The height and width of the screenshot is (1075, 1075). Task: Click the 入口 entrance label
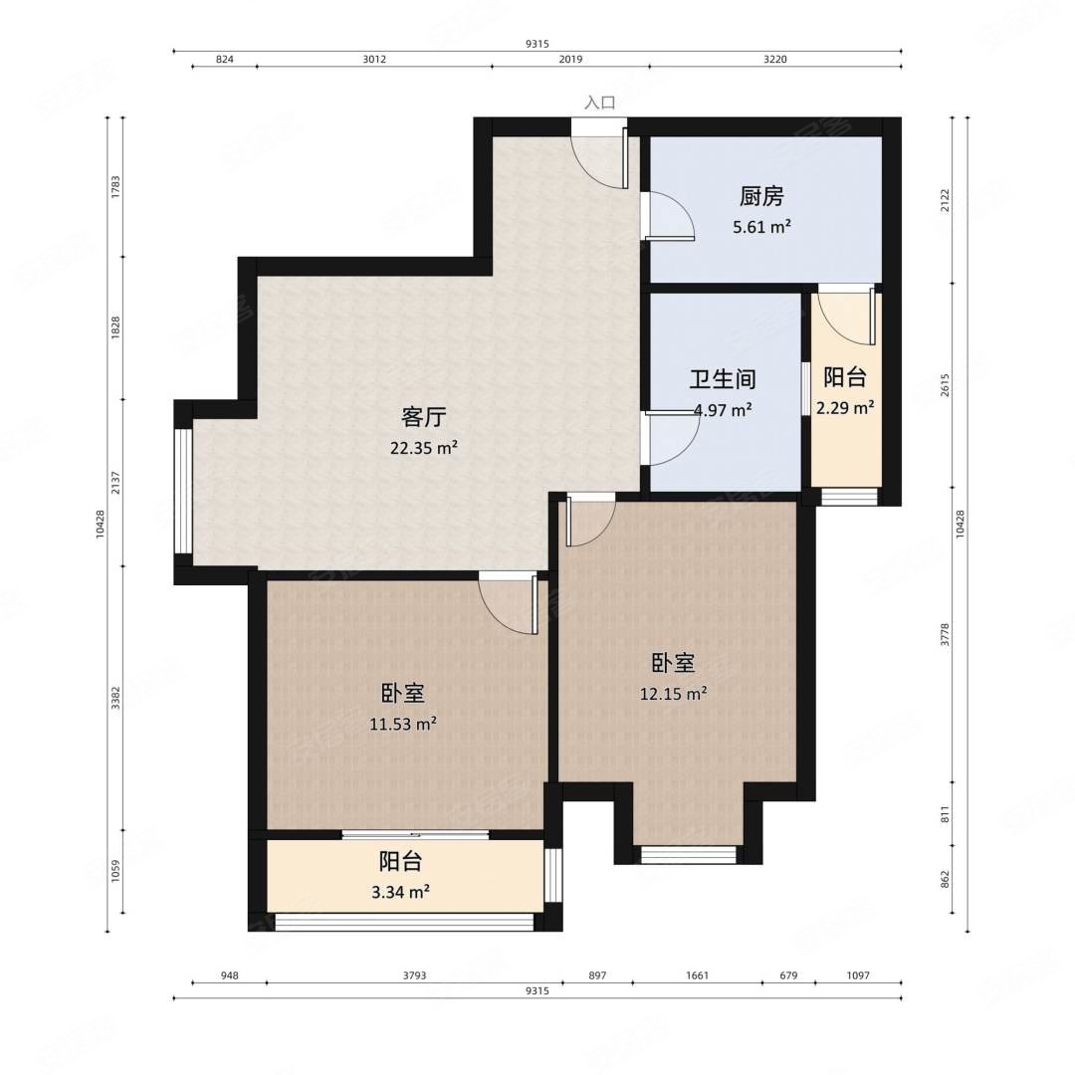pyautogui.click(x=599, y=103)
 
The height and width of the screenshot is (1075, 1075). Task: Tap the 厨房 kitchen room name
pyautogui.click(x=761, y=197)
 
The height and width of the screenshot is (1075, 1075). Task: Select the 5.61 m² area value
pyautogui.click(x=761, y=226)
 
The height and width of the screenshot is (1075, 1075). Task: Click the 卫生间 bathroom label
pyautogui.click(x=723, y=379)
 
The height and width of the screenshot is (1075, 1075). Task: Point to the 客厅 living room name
pyautogui.click(x=424, y=417)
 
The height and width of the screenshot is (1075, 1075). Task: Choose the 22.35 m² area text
pyautogui.click(x=424, y=448)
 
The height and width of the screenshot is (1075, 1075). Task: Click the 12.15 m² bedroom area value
pyautogui.click(x=673, y=694)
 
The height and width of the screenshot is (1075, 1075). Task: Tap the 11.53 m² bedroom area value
pyautogui.click(x=403, y=724)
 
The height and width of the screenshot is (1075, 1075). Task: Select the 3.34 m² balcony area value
pyautogui.click(x=400, y=892)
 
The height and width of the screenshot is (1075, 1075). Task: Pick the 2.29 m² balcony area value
pyautogui.click(x=845, y=408)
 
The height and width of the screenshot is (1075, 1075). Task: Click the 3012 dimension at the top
pyautogui.click(x=374, y=59)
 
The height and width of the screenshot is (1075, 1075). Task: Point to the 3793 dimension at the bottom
pyautogui.click(x=414, y=974)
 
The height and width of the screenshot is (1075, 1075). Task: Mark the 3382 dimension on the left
pyautogui.click(x=115, y=697)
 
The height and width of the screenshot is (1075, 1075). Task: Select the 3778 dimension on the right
pyautogui.click(x=945, y=634)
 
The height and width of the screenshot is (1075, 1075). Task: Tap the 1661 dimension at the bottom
pyautogui.click(x=697, y=974)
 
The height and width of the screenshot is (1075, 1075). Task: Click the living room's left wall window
pyautogui.click(x=183, y=491)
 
